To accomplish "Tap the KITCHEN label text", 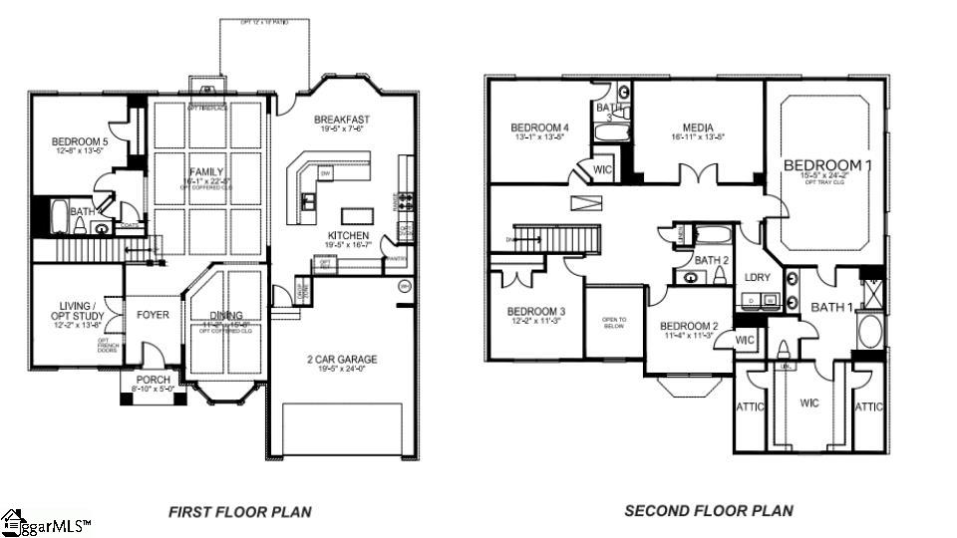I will pyautogui.click(x=348, y=236).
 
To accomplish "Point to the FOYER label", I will pyautogui.click(x=153, y=315).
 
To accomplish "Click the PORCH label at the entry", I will pyautogui.click(x=153, y=380).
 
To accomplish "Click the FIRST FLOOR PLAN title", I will pyautogui.click(x=239, y=512).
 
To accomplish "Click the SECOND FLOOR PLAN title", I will pyautogui.click(x=709, y=511).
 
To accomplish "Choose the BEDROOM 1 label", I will pyautogui.click(x=825, y=165).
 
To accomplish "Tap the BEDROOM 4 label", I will pyautogui.click(x=539, y=128).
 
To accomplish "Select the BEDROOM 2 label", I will pyautogui.click(x=689, y=327).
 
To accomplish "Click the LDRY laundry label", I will pyautogui.click(x=758, y=277).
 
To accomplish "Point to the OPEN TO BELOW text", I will pyautogui.click(x=613, y=323).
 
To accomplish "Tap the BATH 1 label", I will pyautogui.click(x=831, y=307).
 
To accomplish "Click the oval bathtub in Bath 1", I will pyautogui.click(x=869, y=331).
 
